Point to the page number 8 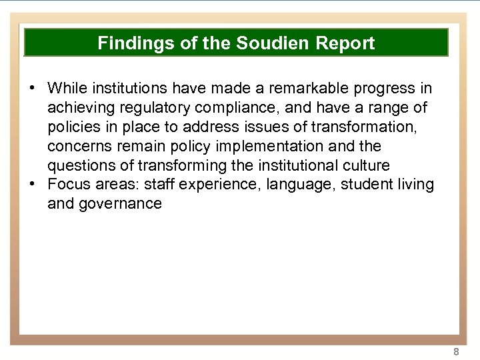(x=456, y=351)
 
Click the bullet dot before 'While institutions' (x=32, y=88)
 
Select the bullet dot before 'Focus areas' (x=32, y=184)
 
